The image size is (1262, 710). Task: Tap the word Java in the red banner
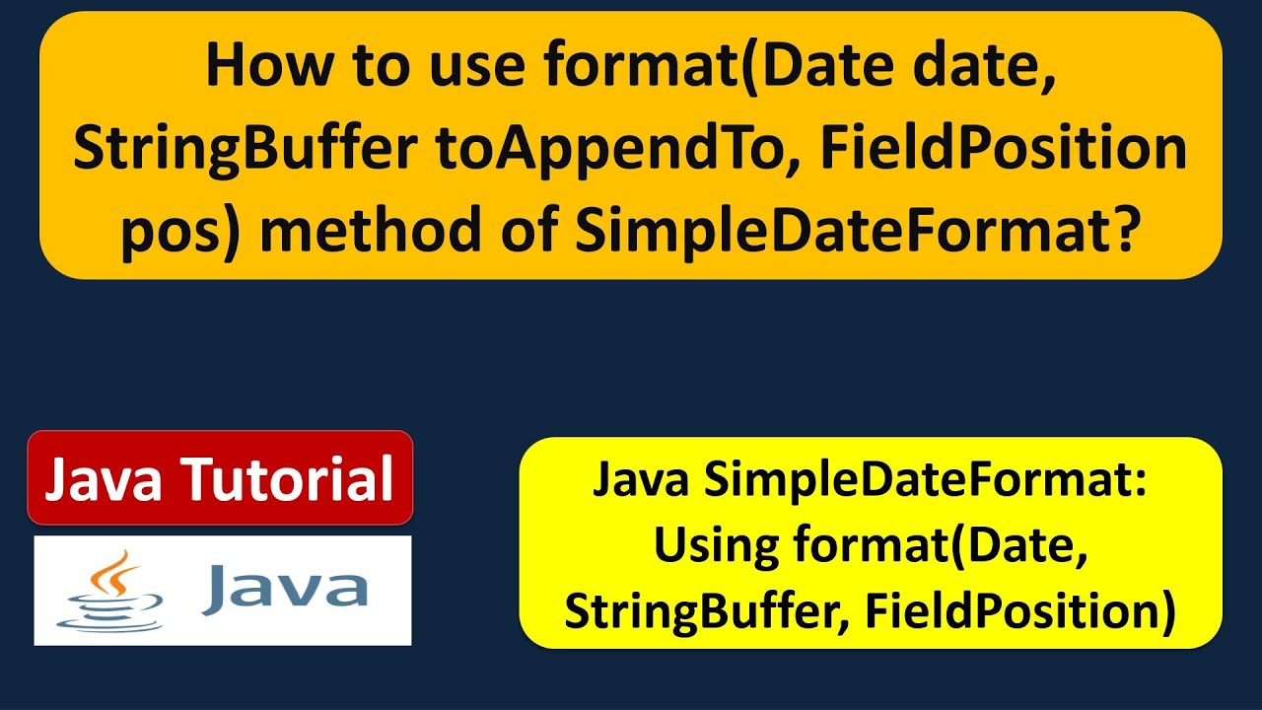pyautogui.click(x=106, y=479)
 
